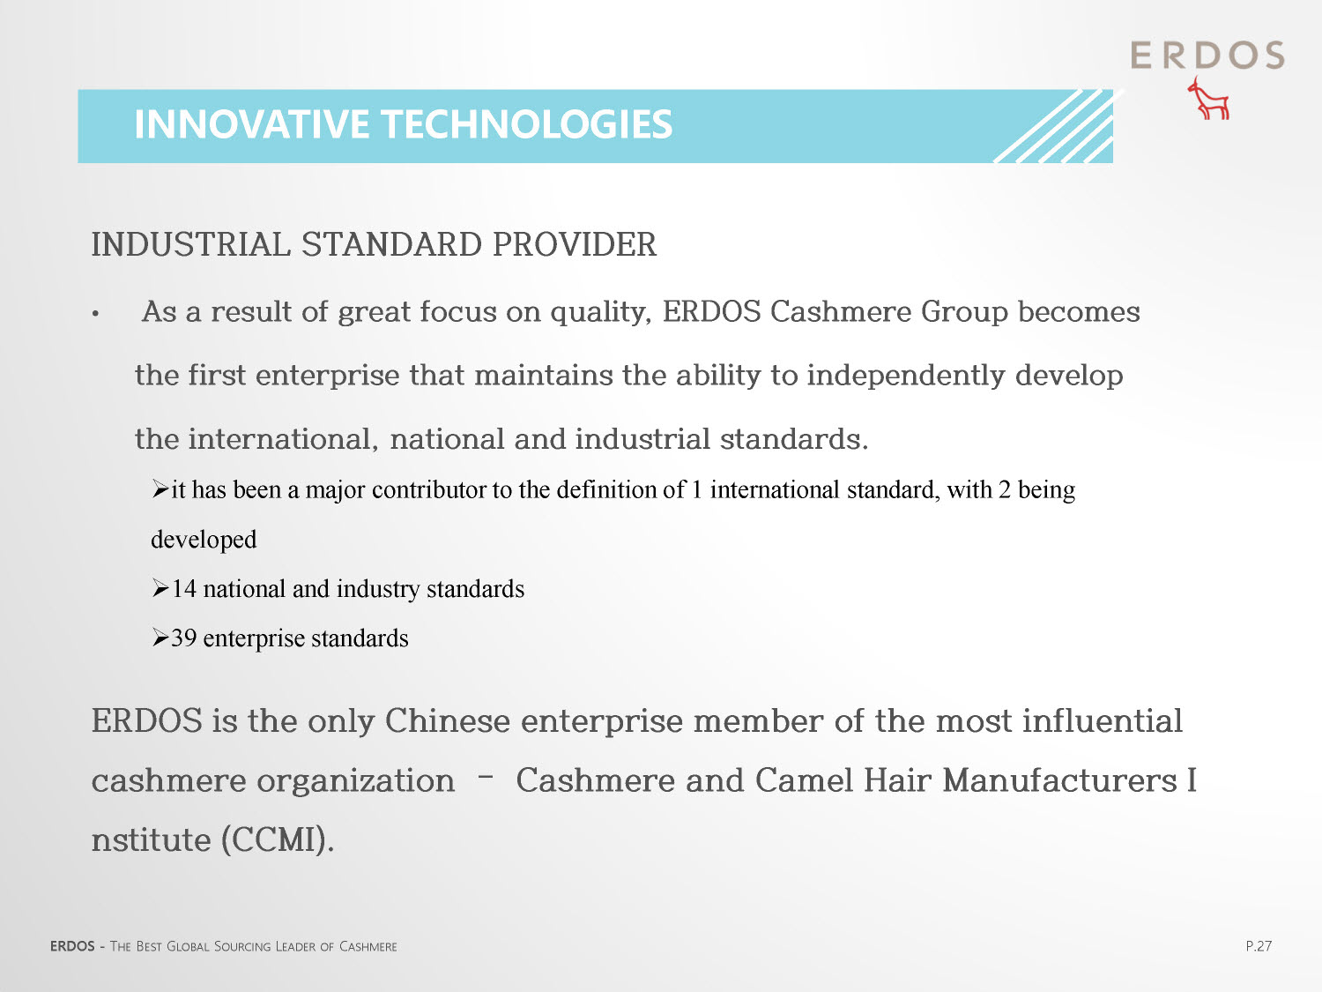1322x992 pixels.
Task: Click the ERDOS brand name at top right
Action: tap(1207, 56)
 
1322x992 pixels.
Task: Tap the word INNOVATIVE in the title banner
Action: tap(251, 124)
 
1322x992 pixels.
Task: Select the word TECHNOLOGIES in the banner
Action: tap(528, 124)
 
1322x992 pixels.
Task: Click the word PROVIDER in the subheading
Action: tap(574, 244)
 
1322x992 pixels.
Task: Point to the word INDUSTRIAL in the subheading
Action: tap(191, 244)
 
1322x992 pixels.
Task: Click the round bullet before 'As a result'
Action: tap(95, 314)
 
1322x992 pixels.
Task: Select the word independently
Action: tap(906, 376)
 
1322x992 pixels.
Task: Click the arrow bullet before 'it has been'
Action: tap(160, 489)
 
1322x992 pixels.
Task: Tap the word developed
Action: tap(204, 540)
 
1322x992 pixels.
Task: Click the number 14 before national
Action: tap(184, 588)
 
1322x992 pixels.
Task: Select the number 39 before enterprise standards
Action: tap(184, 638)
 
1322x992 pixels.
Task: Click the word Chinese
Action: tap(448, 720)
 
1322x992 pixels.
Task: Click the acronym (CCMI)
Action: tap(277, 839)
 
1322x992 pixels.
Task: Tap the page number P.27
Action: tap(1259, 946)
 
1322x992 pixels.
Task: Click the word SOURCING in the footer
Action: tap(242, 947)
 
